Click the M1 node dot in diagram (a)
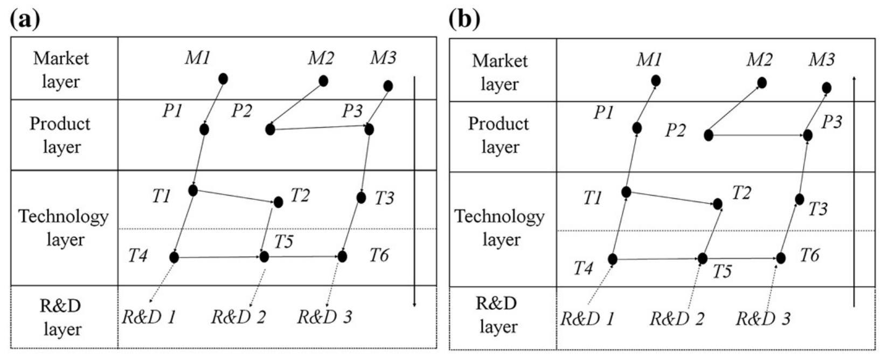(x=223, y=79)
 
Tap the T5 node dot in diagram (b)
(x=702, y=259)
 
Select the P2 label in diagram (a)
(x=242, y=111)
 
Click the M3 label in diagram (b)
(x=821, y=60)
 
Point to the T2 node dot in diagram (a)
(x=278, y=202)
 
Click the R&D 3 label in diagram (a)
(x=325, y=317)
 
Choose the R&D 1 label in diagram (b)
(x=587, y=319)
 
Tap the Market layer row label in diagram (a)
(x=60, y=70)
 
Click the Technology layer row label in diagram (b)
(x=500, y=227)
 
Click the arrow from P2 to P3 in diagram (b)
(x=758, y=135)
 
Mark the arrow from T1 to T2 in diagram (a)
(x=235, y=196)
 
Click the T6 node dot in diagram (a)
(x=342, y=257)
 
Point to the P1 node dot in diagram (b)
(x=637, y=128)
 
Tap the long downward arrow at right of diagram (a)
(x=414, y=191)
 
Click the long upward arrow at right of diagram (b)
(x=854, y=191)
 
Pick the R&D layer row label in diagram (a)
(x=60, y=317)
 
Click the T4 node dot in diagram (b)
(x=613, y=259)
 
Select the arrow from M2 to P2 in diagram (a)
(x=296, y=105)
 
